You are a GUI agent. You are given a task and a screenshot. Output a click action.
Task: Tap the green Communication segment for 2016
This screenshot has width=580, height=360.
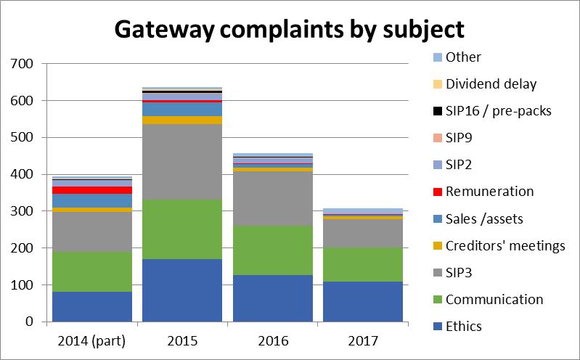click(272, 250)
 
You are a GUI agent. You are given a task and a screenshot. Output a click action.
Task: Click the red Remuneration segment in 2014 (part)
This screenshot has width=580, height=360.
click(92, 190)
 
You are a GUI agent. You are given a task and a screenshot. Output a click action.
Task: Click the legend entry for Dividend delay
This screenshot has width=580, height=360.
click(491, 83)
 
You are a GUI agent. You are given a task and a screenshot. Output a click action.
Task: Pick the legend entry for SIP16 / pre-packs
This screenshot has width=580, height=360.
click(497, 111)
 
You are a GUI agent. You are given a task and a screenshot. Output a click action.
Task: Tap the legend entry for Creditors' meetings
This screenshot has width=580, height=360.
click(505, 245)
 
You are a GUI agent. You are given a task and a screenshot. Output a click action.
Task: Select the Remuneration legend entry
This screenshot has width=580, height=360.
click(489, 192)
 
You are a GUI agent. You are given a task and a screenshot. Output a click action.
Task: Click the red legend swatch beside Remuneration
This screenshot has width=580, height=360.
click(437, 192)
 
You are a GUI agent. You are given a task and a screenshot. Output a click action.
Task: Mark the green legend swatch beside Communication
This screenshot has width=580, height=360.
click(437, 300)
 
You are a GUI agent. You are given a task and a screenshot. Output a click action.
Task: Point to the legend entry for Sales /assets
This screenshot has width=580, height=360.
click(484, 218)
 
